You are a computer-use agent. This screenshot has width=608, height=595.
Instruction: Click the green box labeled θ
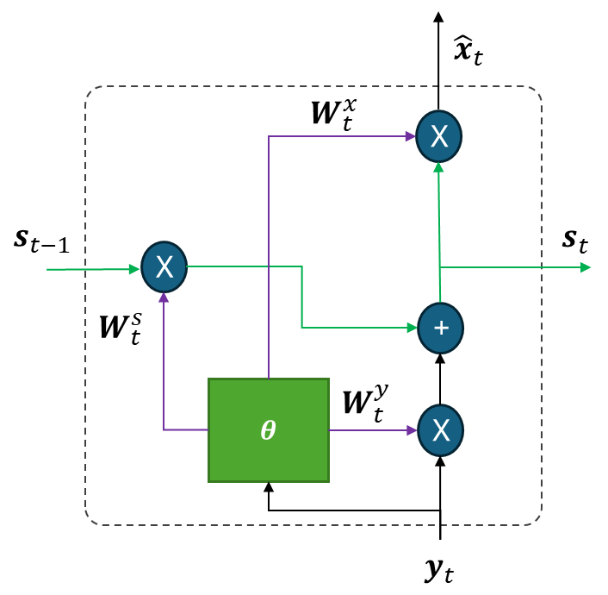click(x=268, y=429)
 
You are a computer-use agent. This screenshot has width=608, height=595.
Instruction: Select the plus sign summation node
click(x=440, y=329)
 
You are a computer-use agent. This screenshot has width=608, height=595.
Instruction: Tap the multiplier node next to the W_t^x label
click(x=439, y=136)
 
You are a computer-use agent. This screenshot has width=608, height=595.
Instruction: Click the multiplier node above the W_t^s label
click(x=164, y=267)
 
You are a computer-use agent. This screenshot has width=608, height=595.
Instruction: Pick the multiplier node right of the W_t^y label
click(x=440, y=430)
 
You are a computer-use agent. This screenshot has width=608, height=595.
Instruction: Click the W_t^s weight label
click(x=120, y=328)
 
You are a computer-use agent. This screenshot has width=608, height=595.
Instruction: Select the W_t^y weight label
click(x=365, y=402)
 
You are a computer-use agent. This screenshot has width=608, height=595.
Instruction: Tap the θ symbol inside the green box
click(x=268, y=430)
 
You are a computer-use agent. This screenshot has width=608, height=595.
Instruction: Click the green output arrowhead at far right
click(x=586, y=267)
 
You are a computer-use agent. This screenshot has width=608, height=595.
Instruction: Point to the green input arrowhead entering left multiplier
click(x=134, y=269)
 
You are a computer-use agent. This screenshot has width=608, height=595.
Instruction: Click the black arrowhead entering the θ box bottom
click(x=269, y=487)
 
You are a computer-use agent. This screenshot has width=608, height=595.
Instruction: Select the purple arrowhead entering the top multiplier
click(x=410, y=136)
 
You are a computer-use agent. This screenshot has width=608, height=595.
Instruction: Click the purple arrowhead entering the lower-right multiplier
click(x=412, y=430)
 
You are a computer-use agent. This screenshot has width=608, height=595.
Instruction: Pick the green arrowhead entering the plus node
click(x=412, y=328)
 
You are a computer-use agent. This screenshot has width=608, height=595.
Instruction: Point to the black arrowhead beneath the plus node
click(x=440, y=359)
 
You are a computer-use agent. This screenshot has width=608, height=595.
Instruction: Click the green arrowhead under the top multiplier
click(x=438, y=166)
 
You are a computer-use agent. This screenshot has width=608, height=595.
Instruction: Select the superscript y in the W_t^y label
click(x=380, y=391)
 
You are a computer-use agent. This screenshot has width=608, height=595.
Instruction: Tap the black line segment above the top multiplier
click(x=439, y=97)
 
